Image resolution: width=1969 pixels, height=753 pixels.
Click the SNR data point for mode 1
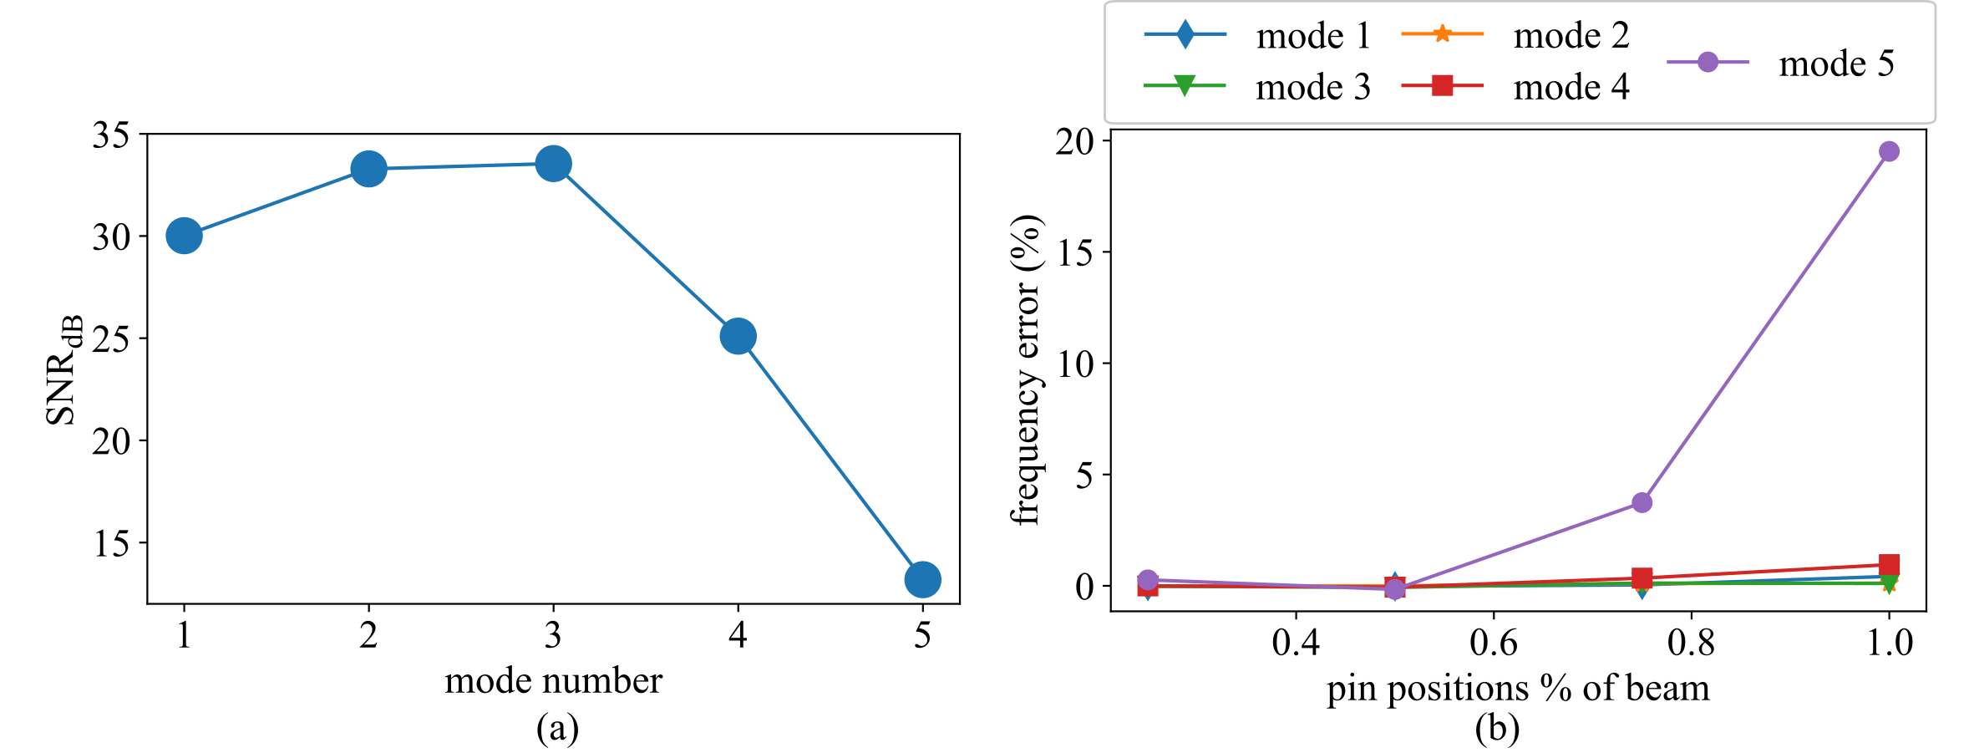[184, 237]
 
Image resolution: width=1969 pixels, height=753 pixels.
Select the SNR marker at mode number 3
[553, 164]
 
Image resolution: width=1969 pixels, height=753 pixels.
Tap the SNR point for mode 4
[738, 336]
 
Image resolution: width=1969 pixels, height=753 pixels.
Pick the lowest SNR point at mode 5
[922, 579]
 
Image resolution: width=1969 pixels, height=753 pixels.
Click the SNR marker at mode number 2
[368, 170]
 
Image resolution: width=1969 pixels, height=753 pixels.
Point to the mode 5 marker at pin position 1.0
[1888, 151]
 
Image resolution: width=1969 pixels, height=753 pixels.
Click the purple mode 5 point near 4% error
[1642, 502]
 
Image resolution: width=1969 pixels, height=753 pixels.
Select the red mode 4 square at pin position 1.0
[1888, 564]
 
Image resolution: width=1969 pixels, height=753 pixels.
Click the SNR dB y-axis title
[65, 370]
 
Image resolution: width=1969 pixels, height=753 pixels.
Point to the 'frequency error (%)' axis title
[1027, 370]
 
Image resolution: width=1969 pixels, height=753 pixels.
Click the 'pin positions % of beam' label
[1518, 689]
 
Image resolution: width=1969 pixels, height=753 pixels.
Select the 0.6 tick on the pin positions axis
[1493, 643]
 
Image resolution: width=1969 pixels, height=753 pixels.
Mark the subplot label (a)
[557, 729]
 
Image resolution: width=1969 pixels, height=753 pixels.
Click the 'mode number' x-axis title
[553, 681]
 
